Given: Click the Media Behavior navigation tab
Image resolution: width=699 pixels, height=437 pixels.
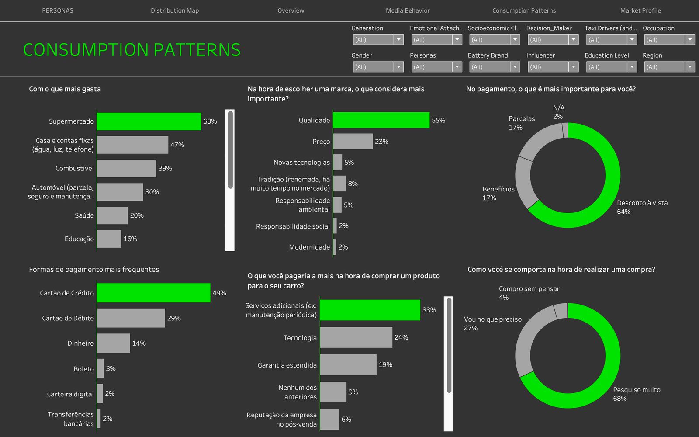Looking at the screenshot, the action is [x=408, y=10].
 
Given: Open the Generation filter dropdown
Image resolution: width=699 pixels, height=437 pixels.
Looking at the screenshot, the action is [x=378, y=40].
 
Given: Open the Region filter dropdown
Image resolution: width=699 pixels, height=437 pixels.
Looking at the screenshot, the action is [x=669, y=67].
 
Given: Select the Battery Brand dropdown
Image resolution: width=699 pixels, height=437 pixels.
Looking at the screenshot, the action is [x=495, y=67].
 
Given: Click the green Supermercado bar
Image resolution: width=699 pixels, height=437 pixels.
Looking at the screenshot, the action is [x=149, y=121].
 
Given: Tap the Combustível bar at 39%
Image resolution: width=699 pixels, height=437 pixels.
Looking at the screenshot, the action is [x=126, y=169].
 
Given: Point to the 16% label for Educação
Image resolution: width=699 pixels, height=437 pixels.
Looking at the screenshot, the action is [x=130, y=239].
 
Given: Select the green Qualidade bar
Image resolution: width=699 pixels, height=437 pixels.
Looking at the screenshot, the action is [x=381, y=120].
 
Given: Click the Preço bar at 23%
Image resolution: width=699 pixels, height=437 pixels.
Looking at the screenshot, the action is [x=353, y=142].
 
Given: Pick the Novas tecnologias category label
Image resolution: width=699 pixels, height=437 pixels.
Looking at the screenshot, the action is [x=301, y=162].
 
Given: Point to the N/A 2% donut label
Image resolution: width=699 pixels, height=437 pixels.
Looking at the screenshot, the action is [x=558, y=112].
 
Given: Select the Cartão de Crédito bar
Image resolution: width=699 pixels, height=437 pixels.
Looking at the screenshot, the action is [x=153, y=293].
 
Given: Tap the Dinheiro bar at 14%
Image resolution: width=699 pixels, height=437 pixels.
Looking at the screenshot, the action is [x=113, y=343].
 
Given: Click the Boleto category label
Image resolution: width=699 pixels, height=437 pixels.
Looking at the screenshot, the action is [x=83, y=369].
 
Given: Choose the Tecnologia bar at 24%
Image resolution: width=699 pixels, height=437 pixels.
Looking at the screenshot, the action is [x=356, y=337].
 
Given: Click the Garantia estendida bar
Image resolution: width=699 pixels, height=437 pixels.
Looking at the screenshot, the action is [x=348, y=364].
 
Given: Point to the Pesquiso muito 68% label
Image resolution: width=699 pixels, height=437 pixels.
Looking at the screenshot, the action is [x=637, y=394].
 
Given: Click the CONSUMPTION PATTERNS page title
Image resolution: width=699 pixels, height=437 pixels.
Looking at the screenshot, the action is [x=131, y=50].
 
